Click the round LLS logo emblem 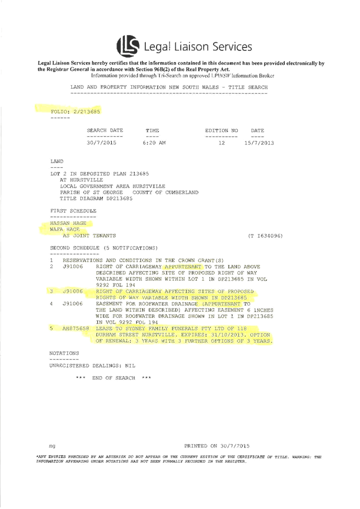pos(128,46)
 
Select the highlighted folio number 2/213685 pos(86,111)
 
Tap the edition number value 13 pos(222,143)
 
